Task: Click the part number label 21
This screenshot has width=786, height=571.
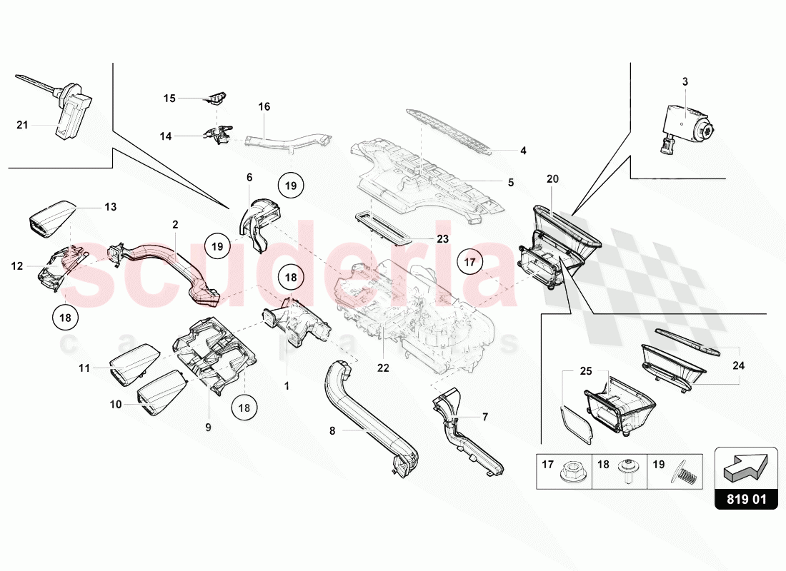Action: click(21, 126)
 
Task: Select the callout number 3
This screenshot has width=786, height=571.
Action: click(685, 82)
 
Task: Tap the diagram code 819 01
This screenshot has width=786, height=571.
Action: click(746, 500)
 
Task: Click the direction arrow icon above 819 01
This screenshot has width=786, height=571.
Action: click(746, 468)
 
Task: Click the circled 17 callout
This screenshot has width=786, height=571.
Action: click(470, 263)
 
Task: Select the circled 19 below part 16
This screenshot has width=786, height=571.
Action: click(290, 185)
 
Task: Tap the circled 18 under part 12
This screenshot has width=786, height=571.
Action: click(64, 319)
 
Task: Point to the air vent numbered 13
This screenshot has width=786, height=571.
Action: click(51, 216)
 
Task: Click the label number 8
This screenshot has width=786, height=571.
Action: click(332, 431)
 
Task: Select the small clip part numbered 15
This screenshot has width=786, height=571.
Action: click(214, 98)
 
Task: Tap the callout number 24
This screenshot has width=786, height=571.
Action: click(738, 365)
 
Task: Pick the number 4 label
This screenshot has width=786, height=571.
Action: click(523, 151)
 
